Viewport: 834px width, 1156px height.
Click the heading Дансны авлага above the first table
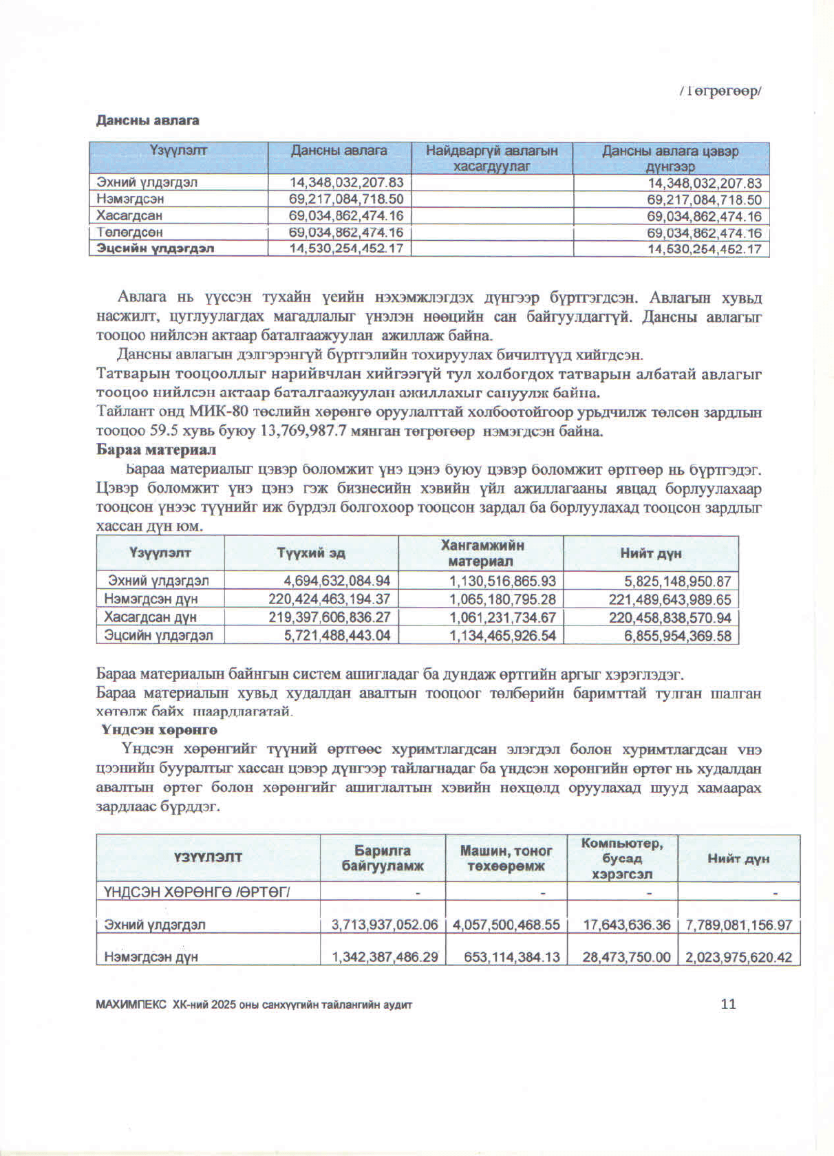point(147,120)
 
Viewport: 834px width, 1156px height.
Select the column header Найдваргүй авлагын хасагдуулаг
point(492,158)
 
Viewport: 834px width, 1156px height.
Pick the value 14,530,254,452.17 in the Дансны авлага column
point(346,248)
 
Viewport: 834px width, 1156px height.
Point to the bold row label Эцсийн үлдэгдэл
point(156,248)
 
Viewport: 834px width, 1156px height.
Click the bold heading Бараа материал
point(156,450)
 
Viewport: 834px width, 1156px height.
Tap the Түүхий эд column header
point(311,553)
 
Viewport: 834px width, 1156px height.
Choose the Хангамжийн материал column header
point(482,553)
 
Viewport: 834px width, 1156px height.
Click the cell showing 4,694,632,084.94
point(337,581)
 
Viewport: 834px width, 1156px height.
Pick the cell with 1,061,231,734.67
point(502,618)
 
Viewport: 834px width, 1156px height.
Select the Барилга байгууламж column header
point(383,858)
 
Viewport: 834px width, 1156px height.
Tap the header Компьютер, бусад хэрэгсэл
point(622,858)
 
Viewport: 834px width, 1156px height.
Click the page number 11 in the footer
point(728,1004)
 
